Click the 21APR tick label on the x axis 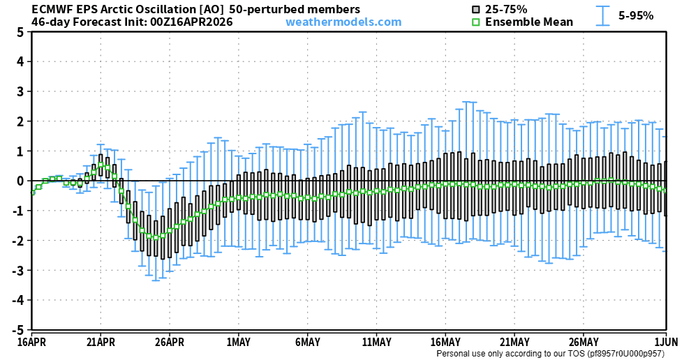click(101, 342)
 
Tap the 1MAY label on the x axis click(239, 342)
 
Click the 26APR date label click(170, 342)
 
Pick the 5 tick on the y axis click(21, 32)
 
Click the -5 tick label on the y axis click(19, 330)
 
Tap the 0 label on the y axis click(21, 181)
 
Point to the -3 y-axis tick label click(19, 271)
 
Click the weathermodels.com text click(343, 22)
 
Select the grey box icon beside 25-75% click(476, 10)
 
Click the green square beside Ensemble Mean click(476, 22)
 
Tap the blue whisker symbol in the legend click(603, 15)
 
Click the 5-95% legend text click(636, 15)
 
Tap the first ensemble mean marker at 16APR click(32, 193)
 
